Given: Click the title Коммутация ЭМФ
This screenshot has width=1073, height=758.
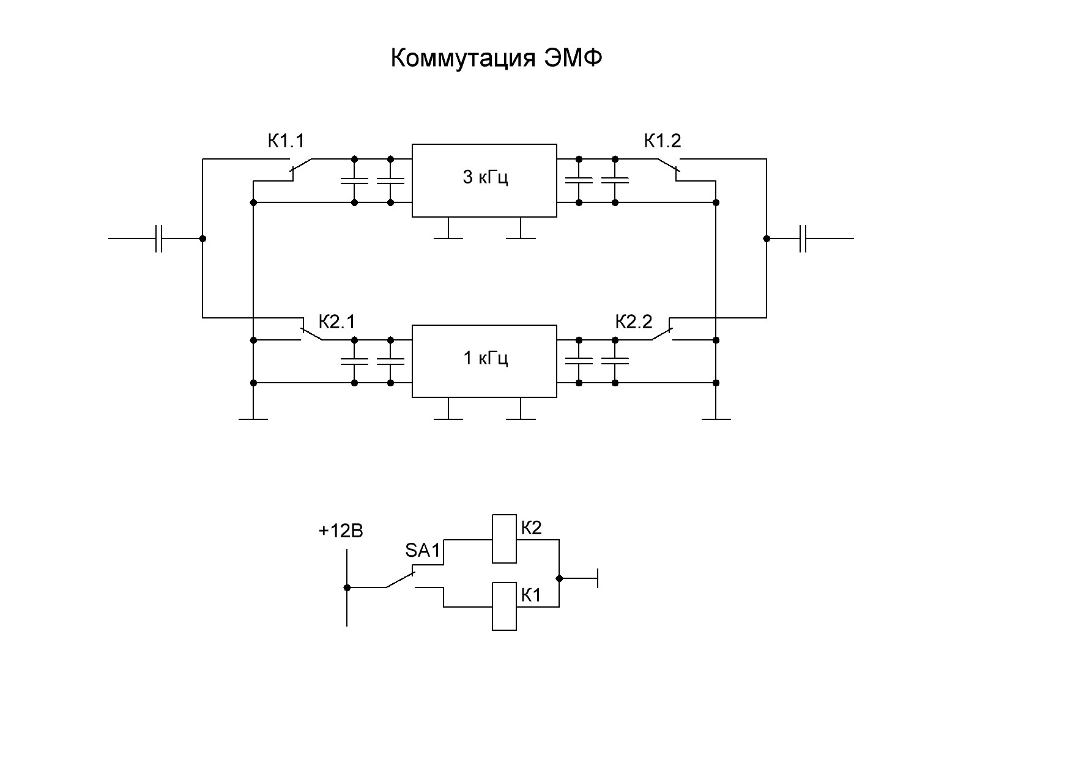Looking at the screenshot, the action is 496,59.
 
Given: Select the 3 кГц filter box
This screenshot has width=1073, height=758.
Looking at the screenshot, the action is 485,180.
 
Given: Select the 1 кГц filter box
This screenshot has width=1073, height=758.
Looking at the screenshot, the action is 485,361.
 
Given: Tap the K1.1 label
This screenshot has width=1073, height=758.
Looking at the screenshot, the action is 286,141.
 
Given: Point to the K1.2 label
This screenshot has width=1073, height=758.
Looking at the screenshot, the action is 663,141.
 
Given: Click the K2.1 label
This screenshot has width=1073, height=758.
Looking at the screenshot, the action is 337,322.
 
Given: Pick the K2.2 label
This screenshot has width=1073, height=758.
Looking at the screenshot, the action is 634,322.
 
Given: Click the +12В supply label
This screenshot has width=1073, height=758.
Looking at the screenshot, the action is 341,531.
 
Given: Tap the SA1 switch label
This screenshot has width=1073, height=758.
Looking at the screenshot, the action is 423,551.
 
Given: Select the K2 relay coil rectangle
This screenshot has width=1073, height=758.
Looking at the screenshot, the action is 505,539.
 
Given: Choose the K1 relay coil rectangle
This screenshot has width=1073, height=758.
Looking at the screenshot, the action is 505,606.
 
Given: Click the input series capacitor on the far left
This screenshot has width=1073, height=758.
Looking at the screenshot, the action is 159,238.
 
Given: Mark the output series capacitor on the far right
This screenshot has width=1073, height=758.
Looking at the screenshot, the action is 804,238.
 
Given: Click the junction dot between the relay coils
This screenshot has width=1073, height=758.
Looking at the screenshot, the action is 559,578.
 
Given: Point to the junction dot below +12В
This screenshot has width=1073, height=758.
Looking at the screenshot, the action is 347,587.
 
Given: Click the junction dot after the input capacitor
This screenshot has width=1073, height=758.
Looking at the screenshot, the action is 202,238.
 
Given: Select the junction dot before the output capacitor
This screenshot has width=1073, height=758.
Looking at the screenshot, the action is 767,238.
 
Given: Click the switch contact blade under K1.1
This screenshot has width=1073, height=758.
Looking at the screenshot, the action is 301,165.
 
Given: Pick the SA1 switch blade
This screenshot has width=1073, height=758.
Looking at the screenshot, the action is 400,580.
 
